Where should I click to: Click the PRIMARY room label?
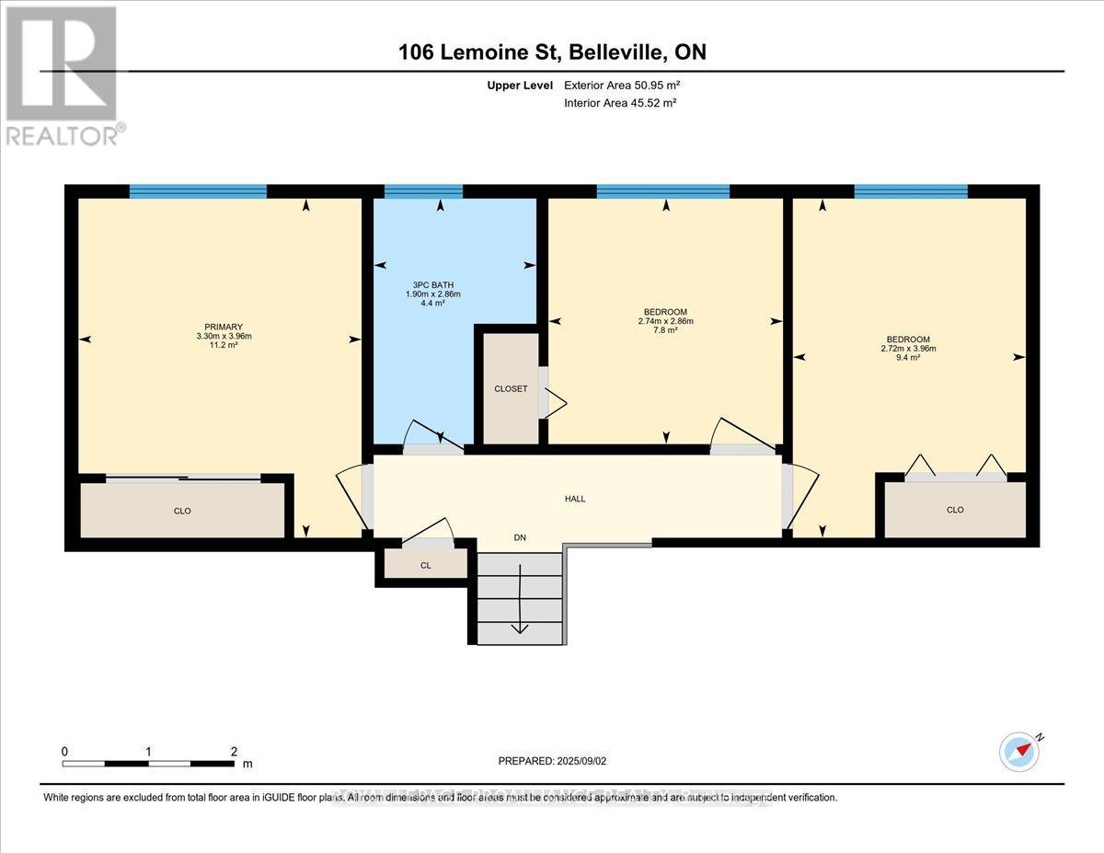point(224,327)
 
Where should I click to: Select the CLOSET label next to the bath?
point(511,389)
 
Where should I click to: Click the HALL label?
point(575,499)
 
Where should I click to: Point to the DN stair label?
point(520,538)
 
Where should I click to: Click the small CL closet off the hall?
point(425,566)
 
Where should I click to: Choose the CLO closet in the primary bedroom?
point(182,511)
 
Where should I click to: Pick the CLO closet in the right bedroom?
point(955,510)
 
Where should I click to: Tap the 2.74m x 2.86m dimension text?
point(665,321)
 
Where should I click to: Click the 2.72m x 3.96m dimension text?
point(908,348)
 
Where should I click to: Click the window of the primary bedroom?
point(198,191)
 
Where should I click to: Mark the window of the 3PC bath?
point(423,191)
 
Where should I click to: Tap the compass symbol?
point(1018,751)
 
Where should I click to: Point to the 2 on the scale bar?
point(234,752)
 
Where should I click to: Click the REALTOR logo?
point(63,75)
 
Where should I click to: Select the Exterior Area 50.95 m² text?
point(621,85)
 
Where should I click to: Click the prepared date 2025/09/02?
point(586,761)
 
